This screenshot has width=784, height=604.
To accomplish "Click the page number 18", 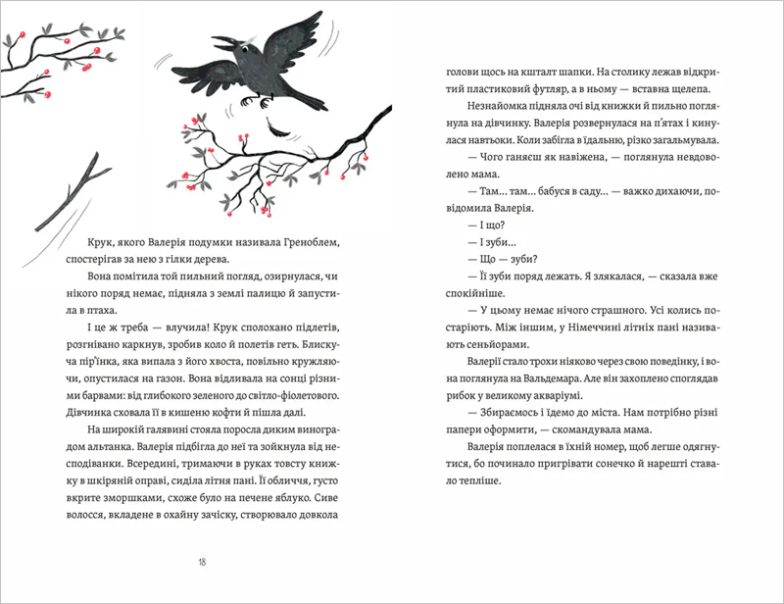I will point(202,562).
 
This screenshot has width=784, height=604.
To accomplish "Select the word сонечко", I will point(585,464).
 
